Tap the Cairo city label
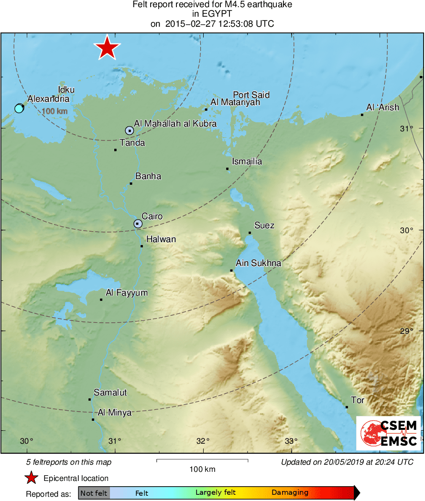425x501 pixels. (x=152, y=216)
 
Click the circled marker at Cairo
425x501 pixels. (x=138, y=223)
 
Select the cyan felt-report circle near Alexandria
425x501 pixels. (x=19, y=108)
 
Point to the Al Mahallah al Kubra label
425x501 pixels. (x=175, y=124)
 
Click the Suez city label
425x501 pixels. (x=264, y=225)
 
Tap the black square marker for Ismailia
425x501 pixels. (x=228, y=169)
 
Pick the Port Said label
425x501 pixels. (x=251, y=95)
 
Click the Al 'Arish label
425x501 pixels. (x=382, y=107)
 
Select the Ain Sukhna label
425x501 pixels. (x=258, y=263)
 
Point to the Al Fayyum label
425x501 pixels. (x=127, y=293)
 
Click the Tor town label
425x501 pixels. (x=358, y=400)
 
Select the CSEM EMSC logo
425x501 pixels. (x=388, y=433)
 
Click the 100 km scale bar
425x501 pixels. (x=202, y=461)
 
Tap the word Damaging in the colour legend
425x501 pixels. (x=290, y=493)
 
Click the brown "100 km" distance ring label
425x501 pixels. (x=54, y=111)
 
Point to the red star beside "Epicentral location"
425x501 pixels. (x=32, y=478)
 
